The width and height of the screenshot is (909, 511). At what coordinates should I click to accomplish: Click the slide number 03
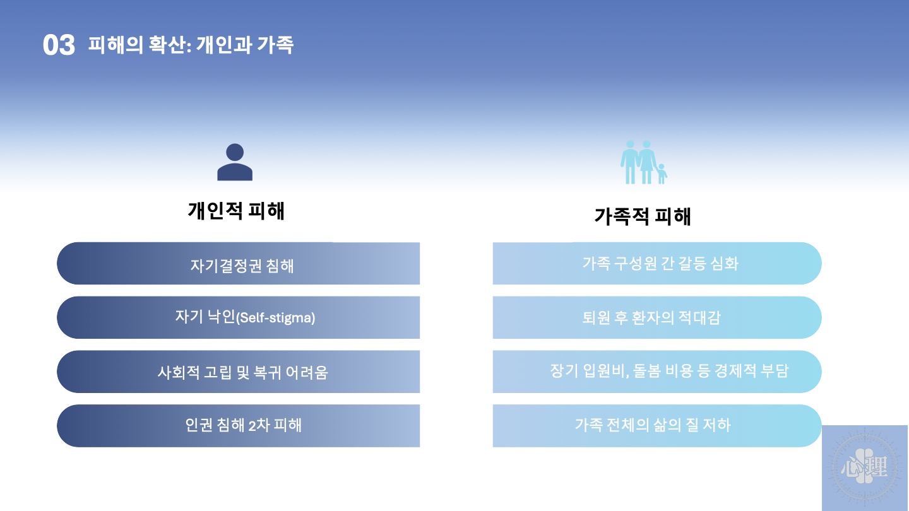(59, 45)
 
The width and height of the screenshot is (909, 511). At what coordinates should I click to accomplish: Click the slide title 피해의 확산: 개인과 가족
(191, 45)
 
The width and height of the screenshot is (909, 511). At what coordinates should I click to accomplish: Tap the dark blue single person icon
(235, 162)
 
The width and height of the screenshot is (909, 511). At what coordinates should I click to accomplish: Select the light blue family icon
(644, 162)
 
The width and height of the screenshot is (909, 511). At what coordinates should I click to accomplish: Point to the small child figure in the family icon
(662, 173)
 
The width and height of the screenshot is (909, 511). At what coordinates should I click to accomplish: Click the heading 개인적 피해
(236, 211)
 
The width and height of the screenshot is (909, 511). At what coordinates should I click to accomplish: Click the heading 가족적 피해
(643, 216)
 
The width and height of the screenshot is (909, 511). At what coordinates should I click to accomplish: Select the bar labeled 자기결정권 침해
(238, 263)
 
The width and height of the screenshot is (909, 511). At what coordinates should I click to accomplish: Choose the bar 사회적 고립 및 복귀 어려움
(238, 372)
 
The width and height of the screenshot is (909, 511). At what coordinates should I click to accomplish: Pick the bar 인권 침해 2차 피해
(238, 426)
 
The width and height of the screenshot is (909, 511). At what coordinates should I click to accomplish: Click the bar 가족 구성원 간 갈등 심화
(657, 263)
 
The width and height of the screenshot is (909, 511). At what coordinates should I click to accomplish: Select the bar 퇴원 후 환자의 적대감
(657, 317)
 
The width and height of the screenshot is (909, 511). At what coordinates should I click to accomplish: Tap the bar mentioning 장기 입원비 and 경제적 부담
(657, 372)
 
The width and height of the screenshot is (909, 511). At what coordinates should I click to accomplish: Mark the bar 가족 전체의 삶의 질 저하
(657, 426)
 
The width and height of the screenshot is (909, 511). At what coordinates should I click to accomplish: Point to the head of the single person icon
(235, 152)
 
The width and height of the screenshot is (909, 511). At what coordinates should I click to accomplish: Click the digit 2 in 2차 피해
(252, 426)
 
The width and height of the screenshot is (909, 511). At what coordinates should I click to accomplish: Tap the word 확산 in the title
(167, 45)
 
